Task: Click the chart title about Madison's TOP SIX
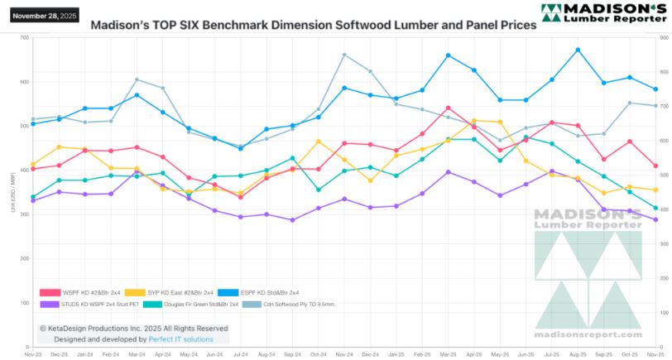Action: coord(313,25)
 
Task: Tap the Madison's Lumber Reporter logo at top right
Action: coord(602,13)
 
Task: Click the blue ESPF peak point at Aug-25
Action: coord(578,50)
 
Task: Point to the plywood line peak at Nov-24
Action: coord(344,55)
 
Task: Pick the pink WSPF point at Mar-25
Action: coord(448,108)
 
